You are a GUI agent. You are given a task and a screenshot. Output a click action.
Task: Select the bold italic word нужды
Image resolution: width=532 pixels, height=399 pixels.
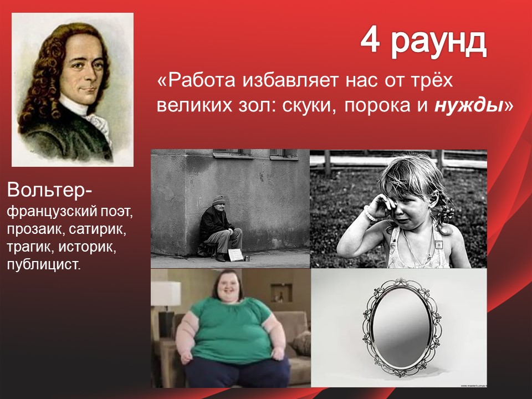469,106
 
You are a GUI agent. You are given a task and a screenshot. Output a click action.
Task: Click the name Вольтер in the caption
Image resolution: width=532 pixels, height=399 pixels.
47,190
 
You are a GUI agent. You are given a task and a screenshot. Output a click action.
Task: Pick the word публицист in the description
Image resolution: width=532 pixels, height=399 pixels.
44,265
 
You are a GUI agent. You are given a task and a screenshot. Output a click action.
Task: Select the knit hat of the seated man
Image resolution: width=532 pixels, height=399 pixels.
218,201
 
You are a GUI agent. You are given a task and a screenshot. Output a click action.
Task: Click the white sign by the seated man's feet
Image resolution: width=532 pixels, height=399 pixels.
236,255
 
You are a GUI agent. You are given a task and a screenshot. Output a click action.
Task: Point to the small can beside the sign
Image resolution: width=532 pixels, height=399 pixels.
247,259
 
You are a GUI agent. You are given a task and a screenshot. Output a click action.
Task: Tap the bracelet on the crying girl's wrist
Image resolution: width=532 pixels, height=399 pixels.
369,214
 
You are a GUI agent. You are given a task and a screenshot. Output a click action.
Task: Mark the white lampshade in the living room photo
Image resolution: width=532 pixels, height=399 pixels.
166,294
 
